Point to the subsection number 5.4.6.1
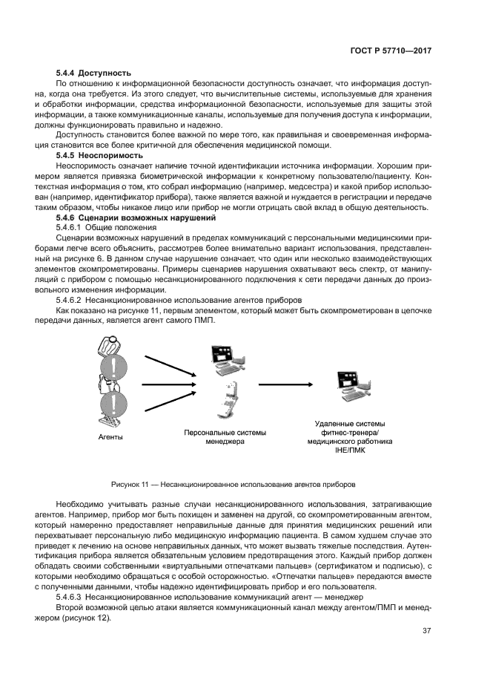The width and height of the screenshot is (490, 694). (72, 227)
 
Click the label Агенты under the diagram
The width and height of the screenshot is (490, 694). (111, 437)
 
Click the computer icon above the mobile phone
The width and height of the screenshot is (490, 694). (226, 360)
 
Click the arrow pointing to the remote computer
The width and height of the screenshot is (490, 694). (288, 384)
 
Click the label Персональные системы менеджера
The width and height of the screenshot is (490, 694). (225, 436)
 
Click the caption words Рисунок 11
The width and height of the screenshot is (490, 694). (131, 482)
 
